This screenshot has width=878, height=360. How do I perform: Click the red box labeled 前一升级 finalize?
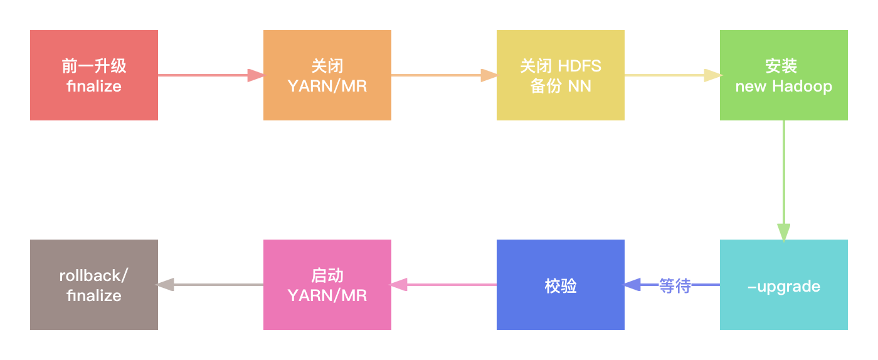pyautogui.click(x=94, y=75)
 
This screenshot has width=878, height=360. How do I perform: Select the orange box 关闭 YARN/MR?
pyautogui.click(x=327, y=75)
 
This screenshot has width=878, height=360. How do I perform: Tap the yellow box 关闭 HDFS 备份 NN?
pyautogui.click(x=560, y=75)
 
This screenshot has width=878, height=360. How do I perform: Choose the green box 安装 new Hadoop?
pyautogui.click(x=783, y=75)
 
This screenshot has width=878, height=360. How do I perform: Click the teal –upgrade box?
pyautogui.click(x=783, y=285)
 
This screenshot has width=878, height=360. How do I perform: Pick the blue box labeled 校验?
pyautogui.click(x=560, y=285)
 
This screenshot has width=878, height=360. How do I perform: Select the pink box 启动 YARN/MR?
pyautogui.click(x=327, y=285)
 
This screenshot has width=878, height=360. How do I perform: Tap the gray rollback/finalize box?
pyautogui.click(x=94, y=285)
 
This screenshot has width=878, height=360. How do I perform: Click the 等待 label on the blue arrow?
pyautogui.click(x=675, y=286)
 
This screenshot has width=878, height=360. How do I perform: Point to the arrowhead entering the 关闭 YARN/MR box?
pyautogui.click(x=256, y=75)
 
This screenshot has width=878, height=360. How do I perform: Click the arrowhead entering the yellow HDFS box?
pyautogui.click(x=489, y=75)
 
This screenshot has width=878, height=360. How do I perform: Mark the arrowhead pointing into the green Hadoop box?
pyautogui.click(x=712, y=75)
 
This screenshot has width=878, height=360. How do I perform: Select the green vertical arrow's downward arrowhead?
pyautogui.click(x=783, y=232)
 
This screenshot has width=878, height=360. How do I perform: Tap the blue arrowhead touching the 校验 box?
pyautogui.click(x=632, y=285)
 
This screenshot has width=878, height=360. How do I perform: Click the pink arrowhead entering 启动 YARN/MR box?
pyautogui.click(x=399, y=285)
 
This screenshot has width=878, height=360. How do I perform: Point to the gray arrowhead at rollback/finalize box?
pyautogui.click(x=165, y=285)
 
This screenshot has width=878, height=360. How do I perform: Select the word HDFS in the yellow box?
pyautogui.click(x=579, y=65)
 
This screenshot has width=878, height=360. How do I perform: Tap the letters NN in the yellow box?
pyautogui.click(x=579, y=87)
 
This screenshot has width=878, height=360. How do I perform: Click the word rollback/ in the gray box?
pyautogui.click(x=93, y=275)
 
